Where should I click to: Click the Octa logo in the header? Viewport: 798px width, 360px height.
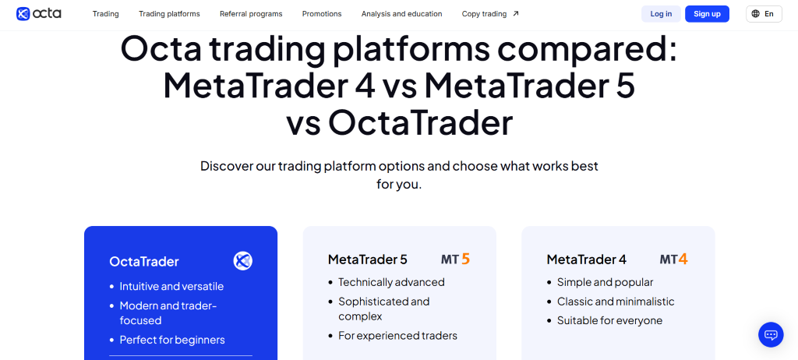[38, 13]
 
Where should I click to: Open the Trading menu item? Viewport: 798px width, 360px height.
[105, 14]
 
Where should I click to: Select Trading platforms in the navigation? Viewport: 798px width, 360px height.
[169, 14]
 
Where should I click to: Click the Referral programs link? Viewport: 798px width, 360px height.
[251, 14]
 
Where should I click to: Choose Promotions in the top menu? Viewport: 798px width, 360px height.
[322, 14]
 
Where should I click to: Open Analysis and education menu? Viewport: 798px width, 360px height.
[401, 14]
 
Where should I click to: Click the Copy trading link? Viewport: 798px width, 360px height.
[490, 14]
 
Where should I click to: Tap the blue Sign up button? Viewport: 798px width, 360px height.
[707, 14]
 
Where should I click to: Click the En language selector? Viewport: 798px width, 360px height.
[764, 14]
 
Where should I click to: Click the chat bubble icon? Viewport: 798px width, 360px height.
[771, 334]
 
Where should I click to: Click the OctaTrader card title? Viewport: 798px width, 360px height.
[144, 262]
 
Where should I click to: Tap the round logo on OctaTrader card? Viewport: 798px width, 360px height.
[243, 261]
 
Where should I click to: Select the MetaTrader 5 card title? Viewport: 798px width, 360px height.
[368, 259]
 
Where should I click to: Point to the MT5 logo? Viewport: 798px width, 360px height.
[455, 259]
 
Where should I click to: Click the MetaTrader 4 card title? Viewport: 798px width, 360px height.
[586, 259]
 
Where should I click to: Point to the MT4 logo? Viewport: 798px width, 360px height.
[673, 259]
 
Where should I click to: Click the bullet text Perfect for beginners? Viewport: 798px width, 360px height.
[171, 340]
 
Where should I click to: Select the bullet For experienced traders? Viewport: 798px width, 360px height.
[397, 336]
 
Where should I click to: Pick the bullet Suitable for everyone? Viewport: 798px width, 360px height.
[609, 320]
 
